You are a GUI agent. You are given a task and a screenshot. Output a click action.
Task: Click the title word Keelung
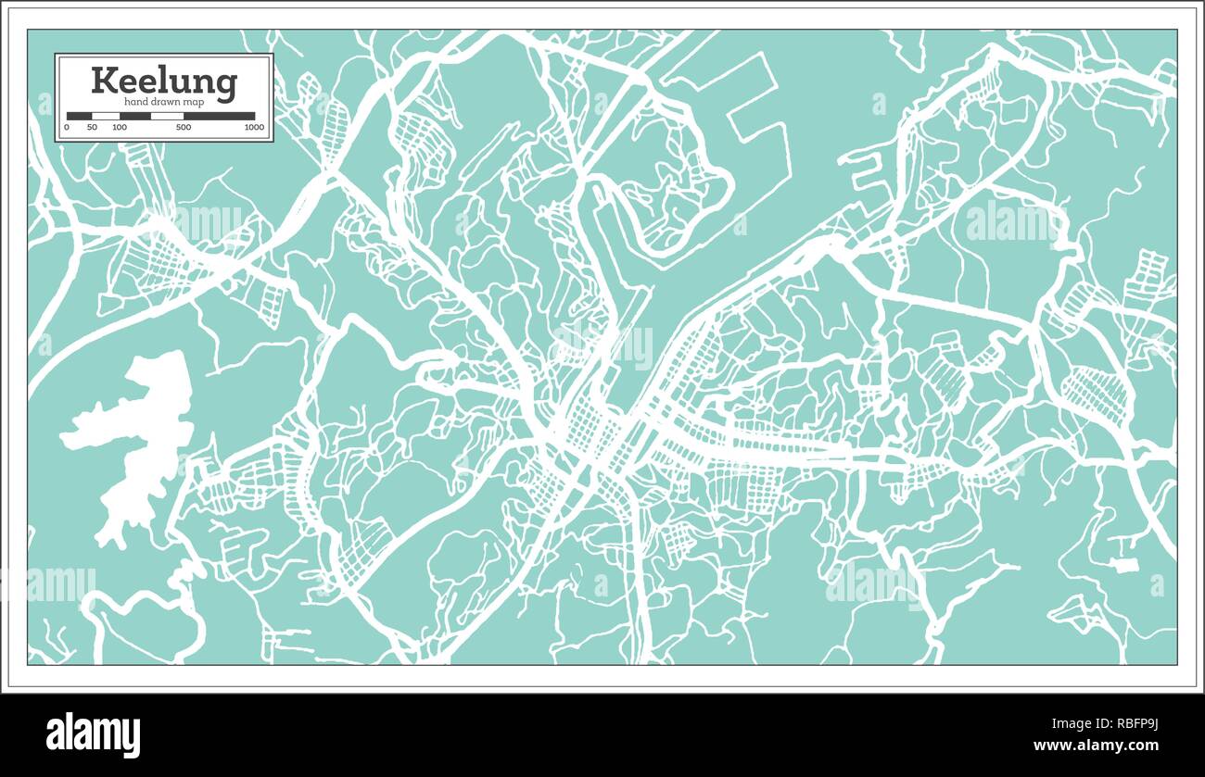163,81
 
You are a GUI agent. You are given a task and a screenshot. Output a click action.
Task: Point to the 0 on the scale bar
68,127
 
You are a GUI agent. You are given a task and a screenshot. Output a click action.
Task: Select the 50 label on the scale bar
92,127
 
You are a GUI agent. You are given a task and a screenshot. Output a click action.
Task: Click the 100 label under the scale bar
120,127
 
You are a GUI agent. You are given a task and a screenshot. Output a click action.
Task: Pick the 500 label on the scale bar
184,127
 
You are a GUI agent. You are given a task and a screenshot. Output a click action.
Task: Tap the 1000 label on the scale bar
254,127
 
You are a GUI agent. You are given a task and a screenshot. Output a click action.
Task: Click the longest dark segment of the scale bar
219,116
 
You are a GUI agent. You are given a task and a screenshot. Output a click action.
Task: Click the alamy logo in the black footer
94,735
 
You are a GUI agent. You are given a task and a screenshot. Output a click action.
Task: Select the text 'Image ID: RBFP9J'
1108,722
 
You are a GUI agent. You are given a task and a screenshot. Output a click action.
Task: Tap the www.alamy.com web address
1096,746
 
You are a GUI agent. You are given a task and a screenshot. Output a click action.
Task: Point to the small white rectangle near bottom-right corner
1123,564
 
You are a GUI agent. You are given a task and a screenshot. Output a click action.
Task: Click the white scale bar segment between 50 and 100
106,116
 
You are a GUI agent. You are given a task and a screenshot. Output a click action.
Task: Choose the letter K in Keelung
104,81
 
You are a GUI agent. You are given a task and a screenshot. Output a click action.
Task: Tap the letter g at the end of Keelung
227,85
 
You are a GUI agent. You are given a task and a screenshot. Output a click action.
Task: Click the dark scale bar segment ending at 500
167,116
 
